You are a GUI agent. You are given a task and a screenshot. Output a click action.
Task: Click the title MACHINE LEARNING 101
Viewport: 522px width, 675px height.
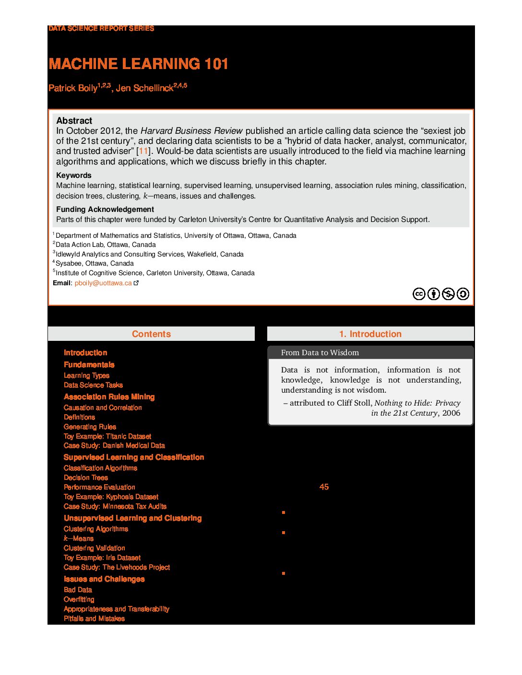pyautogui.click(x=138, y=64)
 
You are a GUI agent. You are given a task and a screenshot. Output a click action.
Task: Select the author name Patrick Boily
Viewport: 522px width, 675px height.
pyautogui.click(x=73, y=88)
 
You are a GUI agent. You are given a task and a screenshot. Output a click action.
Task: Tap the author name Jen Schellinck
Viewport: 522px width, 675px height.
pyautogui.click(x=144, y=88)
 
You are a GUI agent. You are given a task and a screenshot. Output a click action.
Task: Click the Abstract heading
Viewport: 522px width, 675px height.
pyautogui.click(x=74, y=121)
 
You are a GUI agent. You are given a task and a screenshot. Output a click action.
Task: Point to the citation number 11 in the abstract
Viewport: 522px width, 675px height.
pyautogui.click(x=143, y=151)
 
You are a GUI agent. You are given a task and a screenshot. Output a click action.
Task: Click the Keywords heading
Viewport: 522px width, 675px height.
pyautogui.click(x=73, y=175)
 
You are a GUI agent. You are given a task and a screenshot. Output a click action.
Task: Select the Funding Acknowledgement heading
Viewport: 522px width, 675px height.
pyautogui.click(x=105, y=209)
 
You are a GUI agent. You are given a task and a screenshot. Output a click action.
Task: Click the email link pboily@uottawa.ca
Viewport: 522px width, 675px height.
pyautogui.click(x=103, y=283)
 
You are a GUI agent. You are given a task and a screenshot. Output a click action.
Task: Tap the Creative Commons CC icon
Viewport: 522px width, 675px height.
pyautogui.click(x=419, y=294)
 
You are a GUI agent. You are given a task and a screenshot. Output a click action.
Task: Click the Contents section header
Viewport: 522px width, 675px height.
pyautogui.click(x=151, y=334)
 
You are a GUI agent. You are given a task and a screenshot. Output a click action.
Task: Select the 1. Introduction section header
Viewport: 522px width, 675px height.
pyautogui.click(x=370, y=334)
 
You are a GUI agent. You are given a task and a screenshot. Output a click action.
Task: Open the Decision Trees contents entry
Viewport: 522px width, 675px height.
pyautogui.click(x=86, y=477)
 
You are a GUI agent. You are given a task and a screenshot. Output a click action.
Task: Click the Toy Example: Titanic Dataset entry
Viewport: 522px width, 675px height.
pyautogui.click(x=107, y=436)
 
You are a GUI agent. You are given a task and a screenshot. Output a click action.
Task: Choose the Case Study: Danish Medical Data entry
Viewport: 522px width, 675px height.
pyautogui.click(x=114, y=445)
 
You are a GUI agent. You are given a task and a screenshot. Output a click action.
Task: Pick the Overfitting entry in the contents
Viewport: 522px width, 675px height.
pyautogui.click(x=79, y=599)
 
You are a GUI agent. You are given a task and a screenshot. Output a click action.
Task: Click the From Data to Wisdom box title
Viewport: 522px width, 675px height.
pyautogui.click(x=320, y=353)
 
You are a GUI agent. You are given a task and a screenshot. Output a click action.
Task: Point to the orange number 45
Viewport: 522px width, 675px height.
pyautogui.click(x=324, y=487)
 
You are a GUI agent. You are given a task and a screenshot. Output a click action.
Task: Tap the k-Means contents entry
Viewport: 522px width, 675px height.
pyautogui.click(x=79, y=538)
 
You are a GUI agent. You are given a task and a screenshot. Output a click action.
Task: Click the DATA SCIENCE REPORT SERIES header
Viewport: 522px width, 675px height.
pyautogui.click(x=101, y=29)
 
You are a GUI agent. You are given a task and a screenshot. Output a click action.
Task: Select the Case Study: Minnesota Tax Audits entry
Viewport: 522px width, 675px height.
pyautogui.click(x=115, y=506)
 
